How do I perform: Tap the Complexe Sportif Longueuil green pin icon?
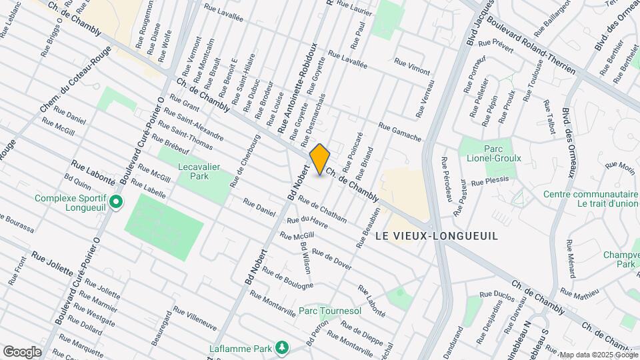click(116, 201)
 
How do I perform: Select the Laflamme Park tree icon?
click(283, 347)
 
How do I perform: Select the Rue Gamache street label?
click(400, 132)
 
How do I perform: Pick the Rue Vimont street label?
click(412, 65)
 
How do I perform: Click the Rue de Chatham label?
click(323, 209)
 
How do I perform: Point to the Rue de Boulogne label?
click(287, 279)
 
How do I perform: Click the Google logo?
click(22, 351)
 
